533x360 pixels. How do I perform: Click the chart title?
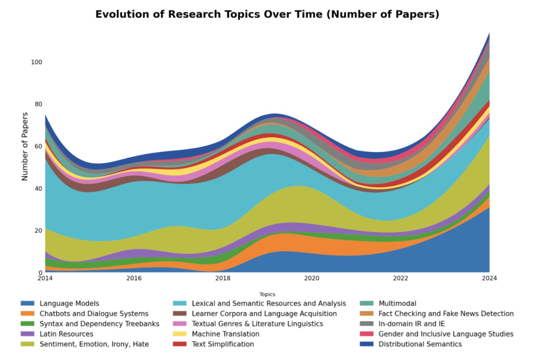pyautogui.click(x=267, y=14)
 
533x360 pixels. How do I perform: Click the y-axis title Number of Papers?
pyautogui.click(x=25, y=146)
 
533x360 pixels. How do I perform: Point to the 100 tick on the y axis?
pyautogui.click(x=36, y=62)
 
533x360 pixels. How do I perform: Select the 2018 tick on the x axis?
pyautogui.click(x=223, y=278)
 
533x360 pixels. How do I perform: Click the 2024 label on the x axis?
pyautogui.click(x=489, y=278)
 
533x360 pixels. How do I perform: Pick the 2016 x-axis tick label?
pyautogui.click(x=134, y=278)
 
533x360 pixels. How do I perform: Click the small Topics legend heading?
pyautogui.click(x=267, y=294)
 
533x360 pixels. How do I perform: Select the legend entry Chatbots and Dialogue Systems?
pyautogui.click(x=94, y=314)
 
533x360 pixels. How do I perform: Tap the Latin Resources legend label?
pyautogui.click(x=66, y=334)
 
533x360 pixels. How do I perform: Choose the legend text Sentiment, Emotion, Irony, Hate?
pyautogui.click(x=94, y=344)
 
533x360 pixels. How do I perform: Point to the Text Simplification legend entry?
pyautogui.click(x=223, y=344)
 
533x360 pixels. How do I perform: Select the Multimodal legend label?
pyautogui.click(x=397, y=304)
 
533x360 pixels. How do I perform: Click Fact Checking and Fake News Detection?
pyautogui.click(x=446, y=314)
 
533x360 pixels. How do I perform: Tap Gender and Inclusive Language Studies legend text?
pyautogui.click(x=446, y=334)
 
